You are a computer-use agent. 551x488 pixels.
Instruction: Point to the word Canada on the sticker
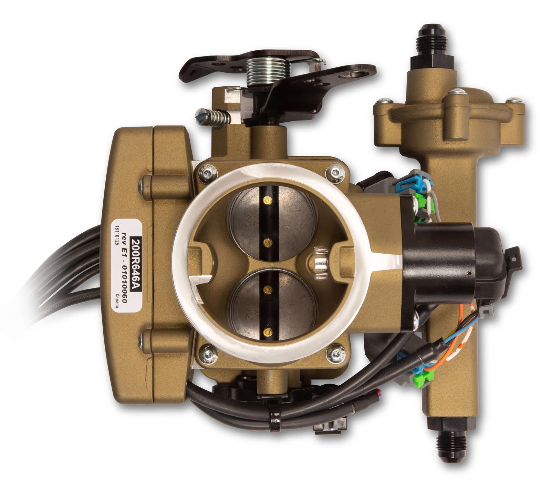tap(117, 300)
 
